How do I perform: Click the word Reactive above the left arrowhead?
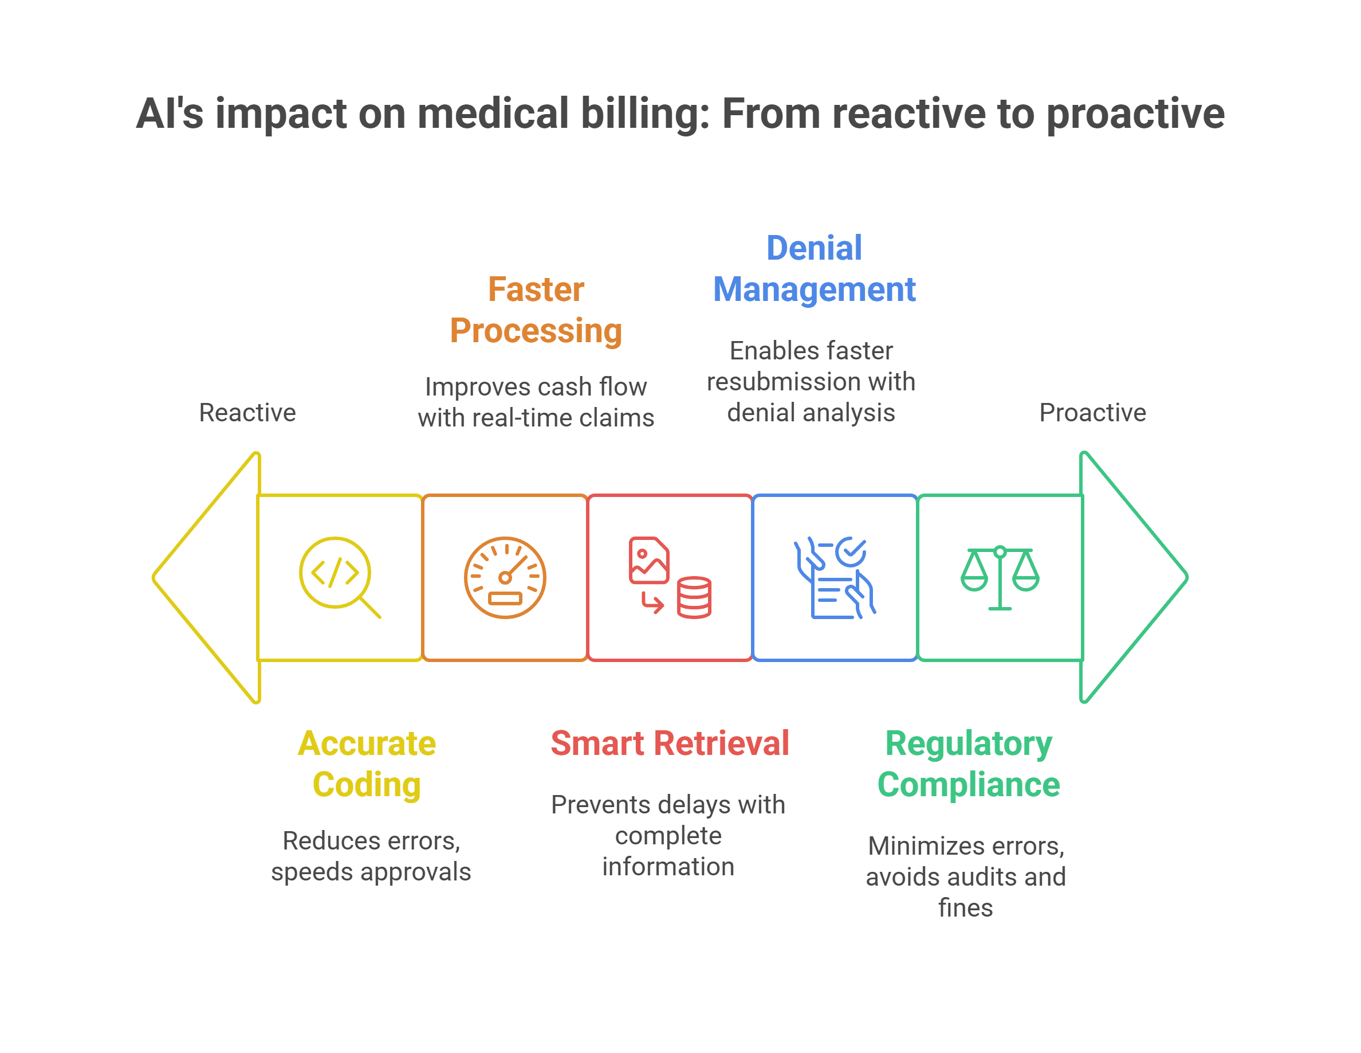coord(247,413)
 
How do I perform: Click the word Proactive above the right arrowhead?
coord(1092,413)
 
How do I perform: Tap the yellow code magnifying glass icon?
coord(340,577)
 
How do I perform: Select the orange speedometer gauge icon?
coord(505,577)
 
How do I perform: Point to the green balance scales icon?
coord(1000,577)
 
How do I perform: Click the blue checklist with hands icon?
coord(835,577)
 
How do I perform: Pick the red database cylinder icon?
coord(694,597)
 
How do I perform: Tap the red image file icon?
coord(649,560)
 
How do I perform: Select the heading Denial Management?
coord(815,269)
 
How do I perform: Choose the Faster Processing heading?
coord(536,310)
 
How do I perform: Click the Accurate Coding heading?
coord(367,764)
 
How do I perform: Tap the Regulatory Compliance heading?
coord(969,764)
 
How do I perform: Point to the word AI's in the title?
coord(170,113)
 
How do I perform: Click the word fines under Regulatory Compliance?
coord(965,908)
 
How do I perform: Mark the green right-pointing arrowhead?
coord(1134,577)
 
